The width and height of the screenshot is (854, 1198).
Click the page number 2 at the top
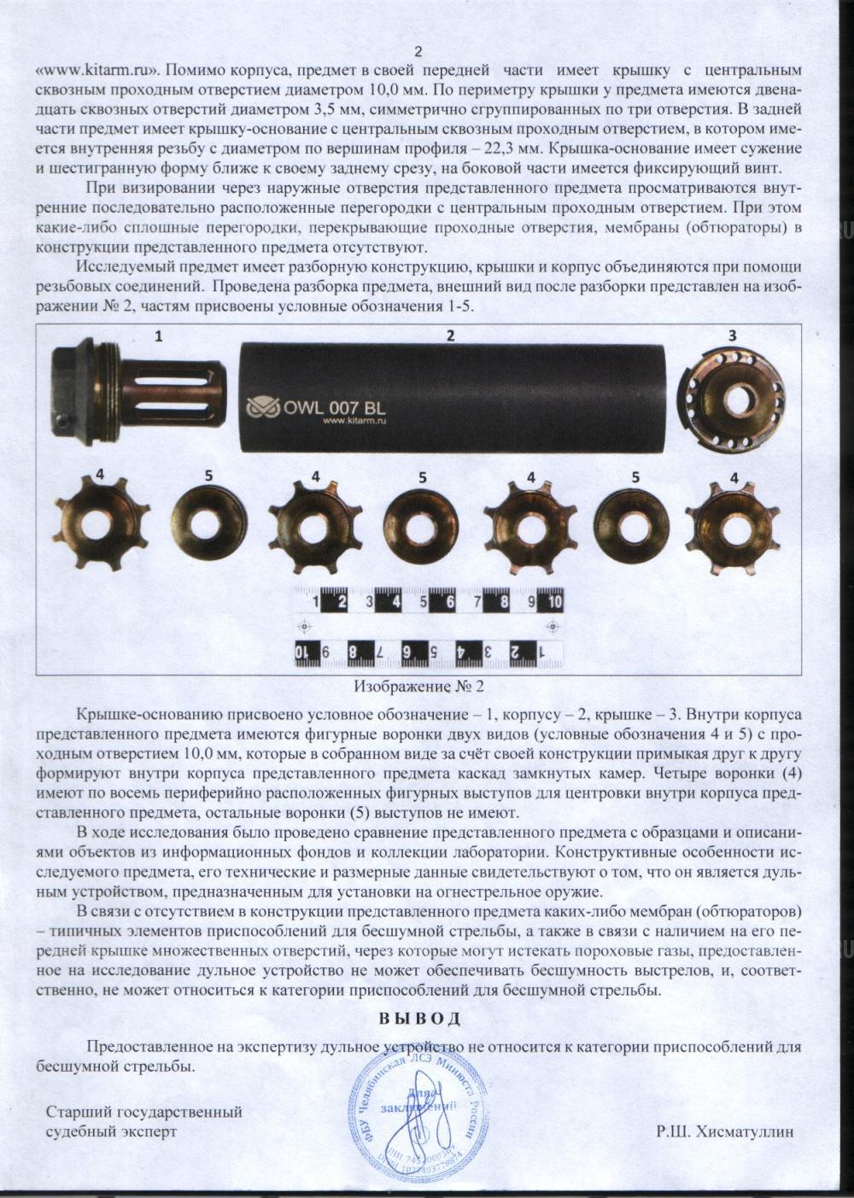418,51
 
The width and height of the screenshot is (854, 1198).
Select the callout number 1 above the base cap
158,336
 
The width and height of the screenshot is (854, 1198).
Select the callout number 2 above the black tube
450,336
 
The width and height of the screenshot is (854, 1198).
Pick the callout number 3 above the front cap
732,336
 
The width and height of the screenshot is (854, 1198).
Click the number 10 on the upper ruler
553,602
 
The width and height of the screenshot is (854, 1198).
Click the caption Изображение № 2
418,686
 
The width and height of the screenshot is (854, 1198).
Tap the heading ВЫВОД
419,1018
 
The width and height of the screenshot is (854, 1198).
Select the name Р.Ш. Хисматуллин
725,1131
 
